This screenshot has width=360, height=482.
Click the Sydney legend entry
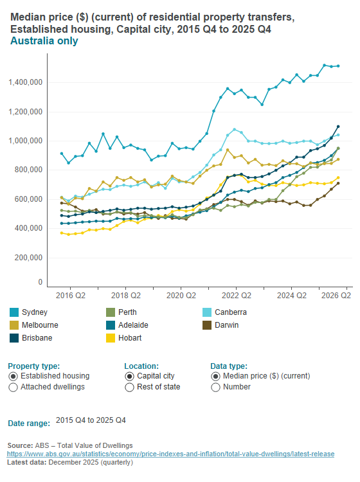pyautogui.click(x=34, y=312)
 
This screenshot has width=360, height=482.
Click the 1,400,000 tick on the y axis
pyautogui.click(x=26, y=82)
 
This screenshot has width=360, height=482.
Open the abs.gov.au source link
pyautogui.click(x=170, y=454)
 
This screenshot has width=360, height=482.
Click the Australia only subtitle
pyautogui.click(x=44, y=41)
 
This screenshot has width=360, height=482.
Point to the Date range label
pyautogui.click(x=29, y=423)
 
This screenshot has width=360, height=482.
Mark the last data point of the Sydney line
pyautogui.click(x=338, y=66)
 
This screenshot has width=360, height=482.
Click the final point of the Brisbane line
pyautogui.click(x=338, y=127)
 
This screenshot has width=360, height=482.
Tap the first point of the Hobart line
pyautogui.click(x=61, y=233)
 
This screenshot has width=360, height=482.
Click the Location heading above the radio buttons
pyautogui.click(x=141, y=365)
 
